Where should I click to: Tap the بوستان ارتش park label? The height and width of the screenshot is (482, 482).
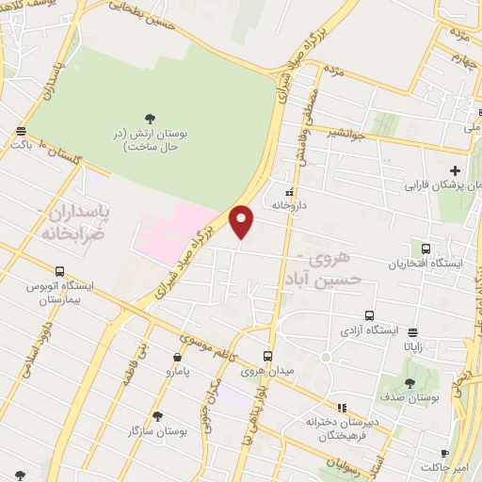151,140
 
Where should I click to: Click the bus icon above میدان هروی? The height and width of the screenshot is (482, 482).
267,356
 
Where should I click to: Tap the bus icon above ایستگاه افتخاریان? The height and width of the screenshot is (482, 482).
426,249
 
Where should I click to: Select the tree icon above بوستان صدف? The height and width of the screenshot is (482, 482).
410,383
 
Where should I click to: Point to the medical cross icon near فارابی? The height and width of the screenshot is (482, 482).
456,170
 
